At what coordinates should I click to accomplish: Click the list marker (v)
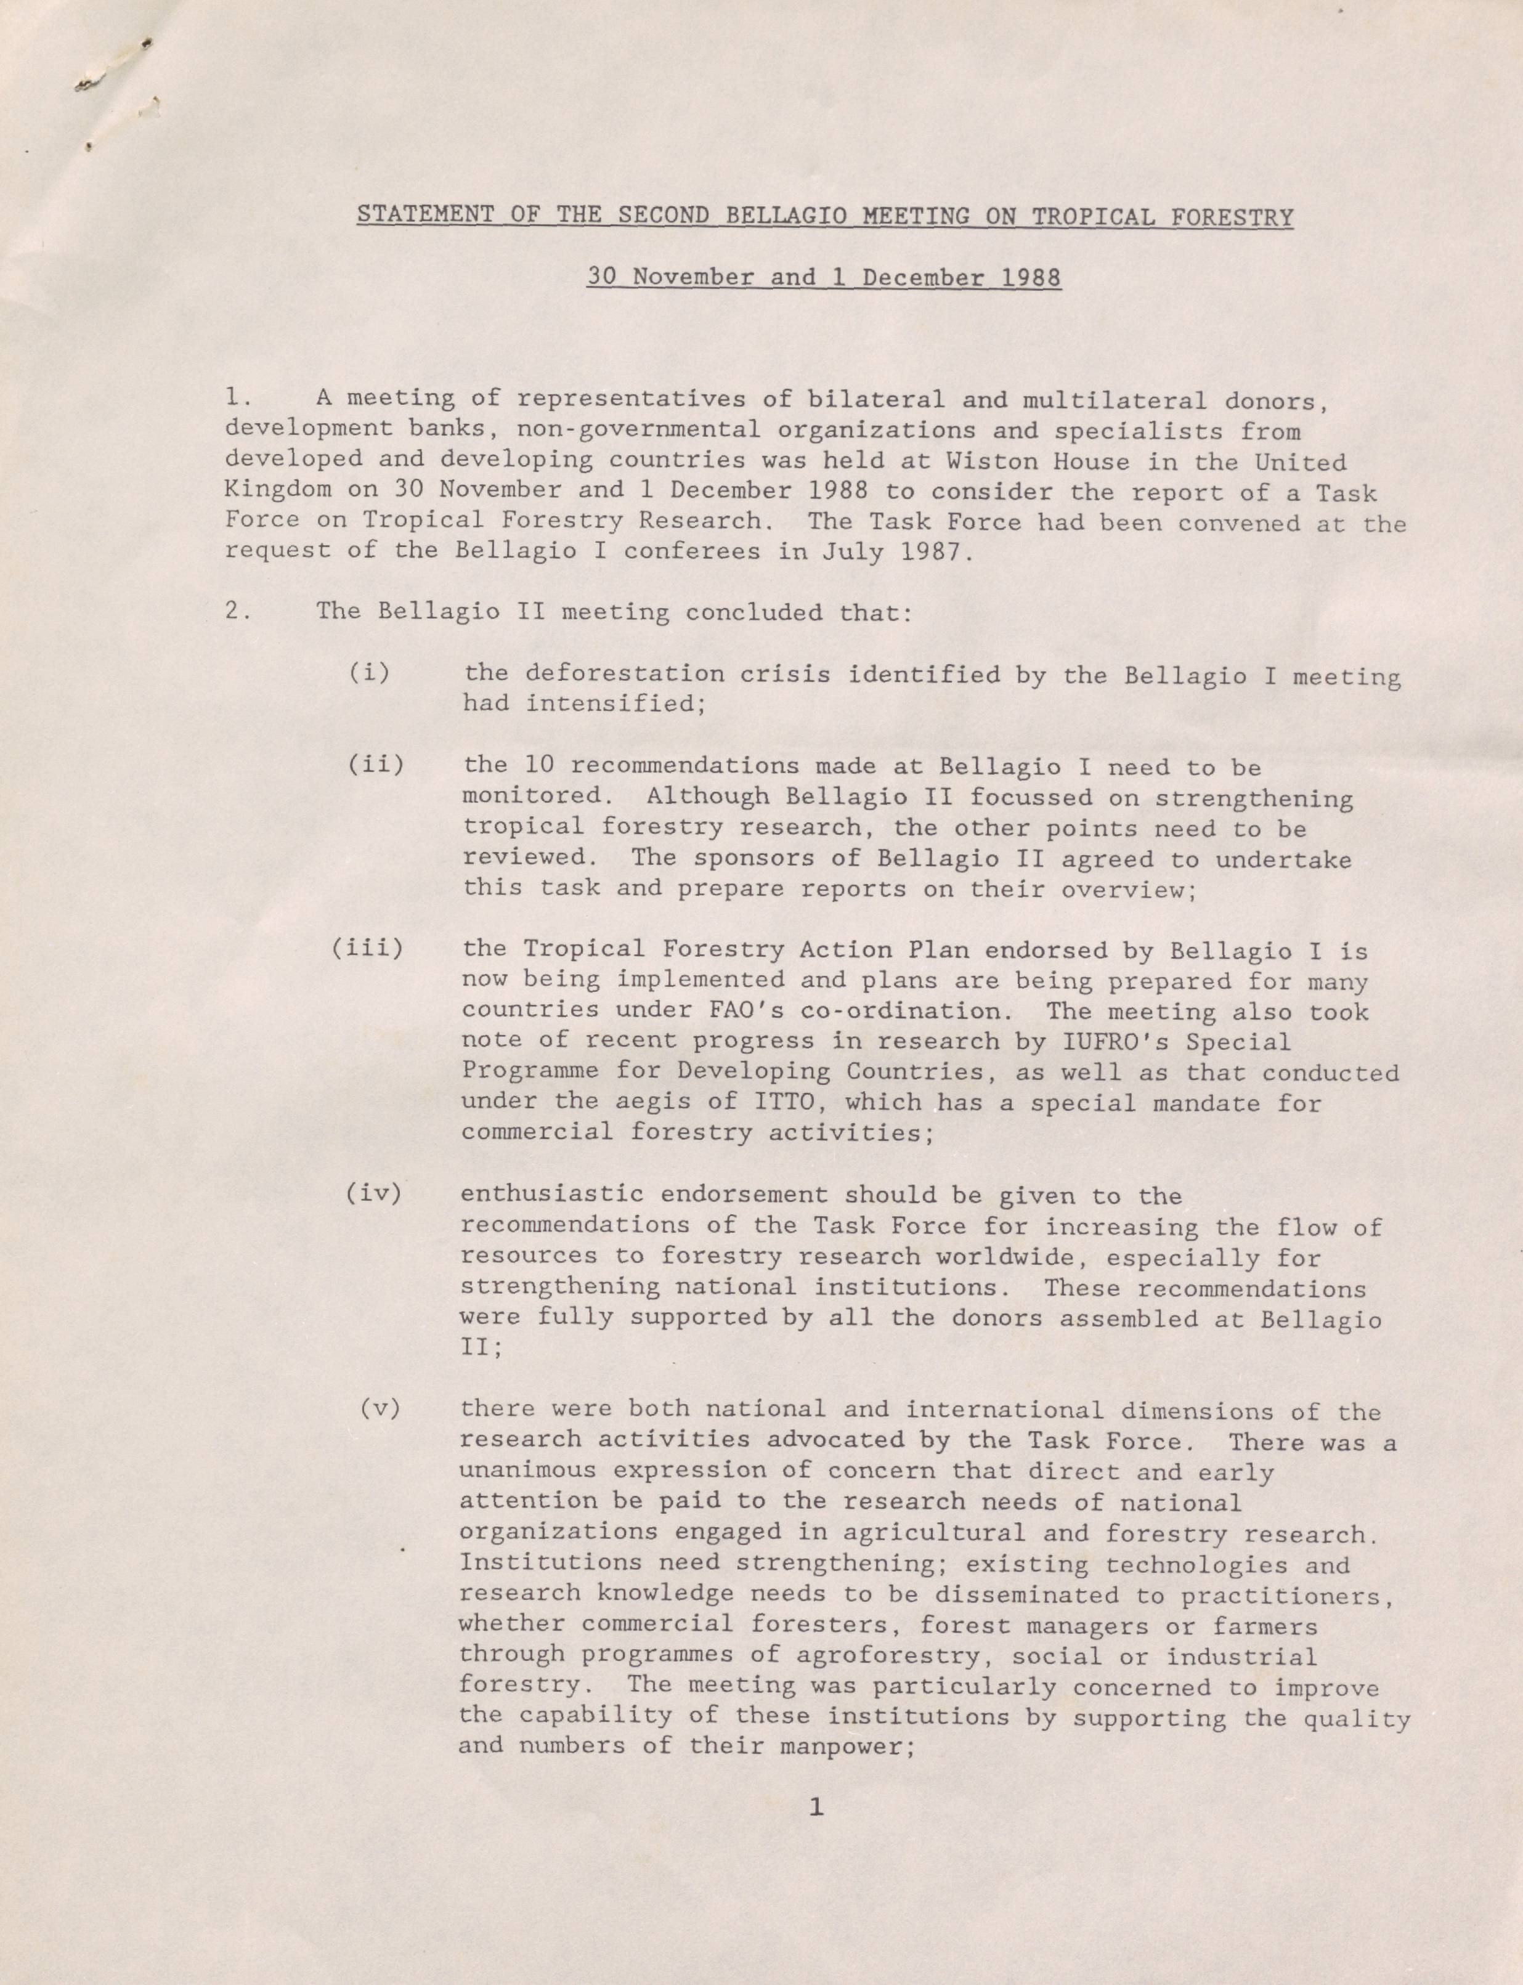[x=380, y=1408]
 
